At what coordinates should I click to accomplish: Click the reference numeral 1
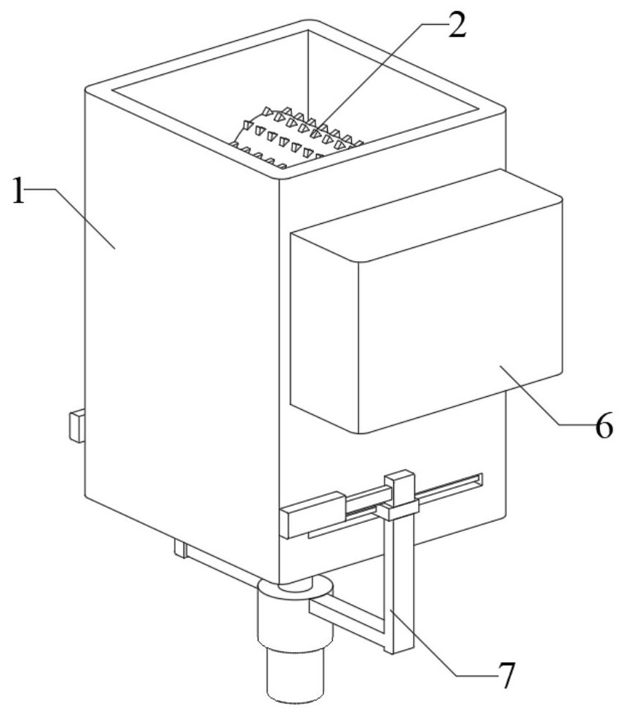(x=18, y=190)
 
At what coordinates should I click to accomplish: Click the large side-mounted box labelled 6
(x=426, y=302)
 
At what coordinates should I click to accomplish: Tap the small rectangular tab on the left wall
(x=76, y=427)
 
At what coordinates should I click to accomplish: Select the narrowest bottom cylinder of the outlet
(x=294, y=675)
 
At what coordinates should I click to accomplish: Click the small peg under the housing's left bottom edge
(x=180, y=549)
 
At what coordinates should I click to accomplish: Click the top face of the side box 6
(x=426, y=215)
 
